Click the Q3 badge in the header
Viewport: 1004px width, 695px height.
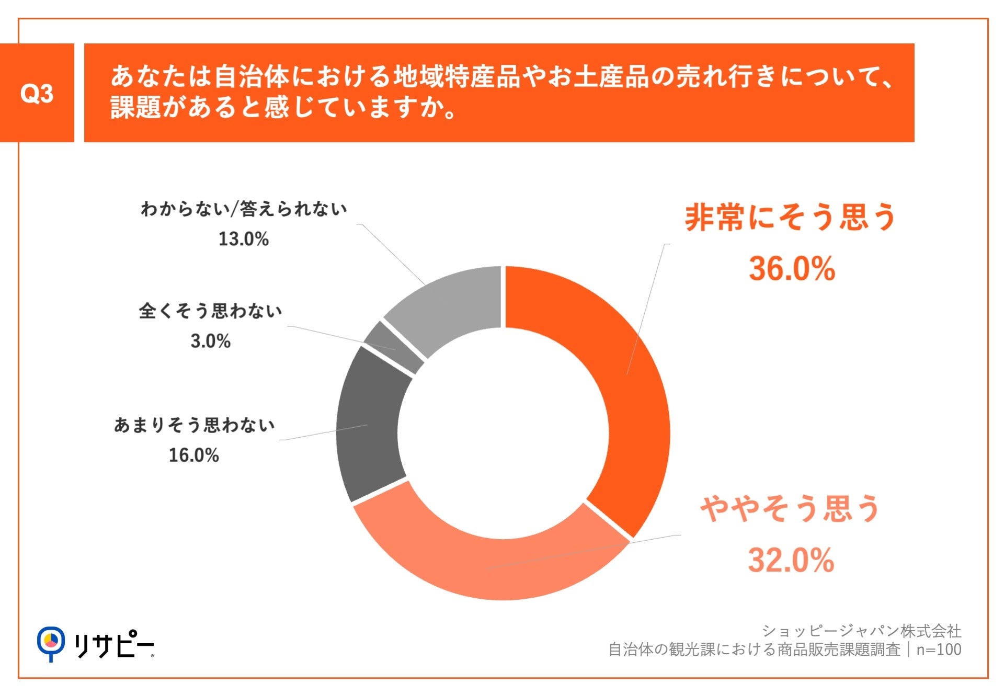pyautogui.click(x=37, y=93)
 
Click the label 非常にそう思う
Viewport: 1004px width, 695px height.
pyautogui.click(x=791, y=217)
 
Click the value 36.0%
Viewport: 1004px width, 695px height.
pyautogui.click(x=792, y=269)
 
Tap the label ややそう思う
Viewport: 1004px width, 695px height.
pyautogui.click(x=791, y=508)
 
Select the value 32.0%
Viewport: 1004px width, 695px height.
pyautogui.click(x=791, y=560)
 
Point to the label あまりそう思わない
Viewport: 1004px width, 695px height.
pyautogui.click(x=194, y=425)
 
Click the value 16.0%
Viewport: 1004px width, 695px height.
pyautogui.click(x=193, y=455)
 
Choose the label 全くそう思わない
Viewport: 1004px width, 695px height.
pyautogui.click(x=210, y=311)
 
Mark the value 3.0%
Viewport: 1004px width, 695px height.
pyautogui.click(x=210, y=341)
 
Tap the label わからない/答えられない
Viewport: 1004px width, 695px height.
pyautogui.click(x=244, y=209)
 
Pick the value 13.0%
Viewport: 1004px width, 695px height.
pyautogui.click(x=243, y=239)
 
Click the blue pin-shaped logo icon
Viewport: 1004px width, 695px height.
pyautogui.click(x=51, y=643)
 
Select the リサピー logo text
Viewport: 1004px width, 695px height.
pyautogui.click(x=113, y=646)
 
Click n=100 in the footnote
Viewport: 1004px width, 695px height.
pyautogui.click(x=939, y=650)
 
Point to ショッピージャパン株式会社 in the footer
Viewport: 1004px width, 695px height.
pyautogui.click(x=861, y=631)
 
